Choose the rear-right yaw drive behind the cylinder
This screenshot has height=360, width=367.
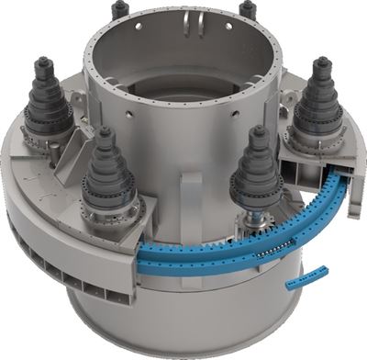(247, 11)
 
